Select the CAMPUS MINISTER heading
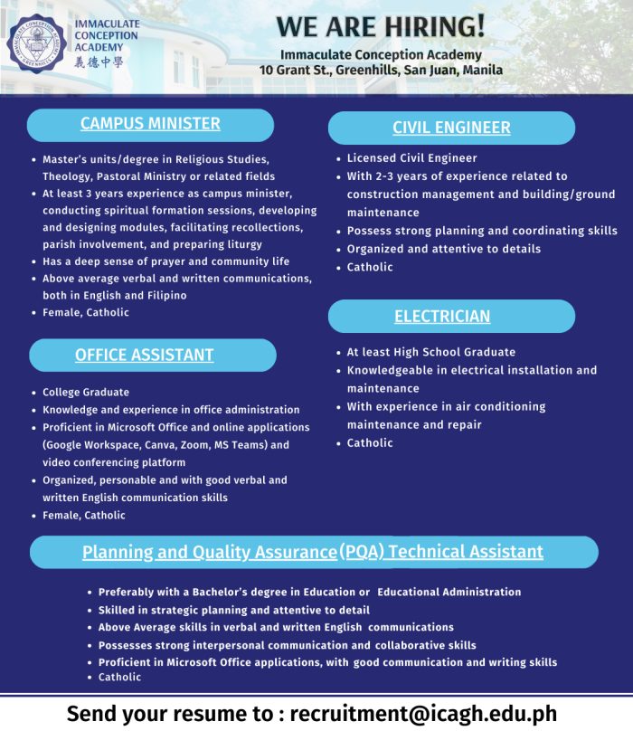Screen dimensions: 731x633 pos(150,124)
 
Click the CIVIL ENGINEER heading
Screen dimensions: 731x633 pos(451,128)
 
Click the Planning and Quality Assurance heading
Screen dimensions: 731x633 pos(313,552)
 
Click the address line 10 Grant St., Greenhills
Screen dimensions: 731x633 pos(381,70)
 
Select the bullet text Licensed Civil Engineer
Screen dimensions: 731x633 pos(411,158)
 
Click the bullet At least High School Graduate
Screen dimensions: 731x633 pos(430,352)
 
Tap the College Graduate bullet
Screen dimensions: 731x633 pos(86,393)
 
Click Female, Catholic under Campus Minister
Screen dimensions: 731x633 pos(86,312)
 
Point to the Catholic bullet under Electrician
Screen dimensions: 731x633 pos(370,442)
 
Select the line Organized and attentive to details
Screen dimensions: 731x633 pos(443,249)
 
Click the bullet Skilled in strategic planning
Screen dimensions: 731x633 pos(234,610)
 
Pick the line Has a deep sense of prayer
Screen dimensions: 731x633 pos(166,261)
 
